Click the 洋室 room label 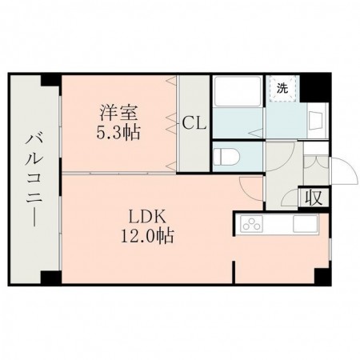coord(114,112)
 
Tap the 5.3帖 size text coord(118,132)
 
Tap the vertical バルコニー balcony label coord(32,182)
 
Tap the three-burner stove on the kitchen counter coord(253,224)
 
